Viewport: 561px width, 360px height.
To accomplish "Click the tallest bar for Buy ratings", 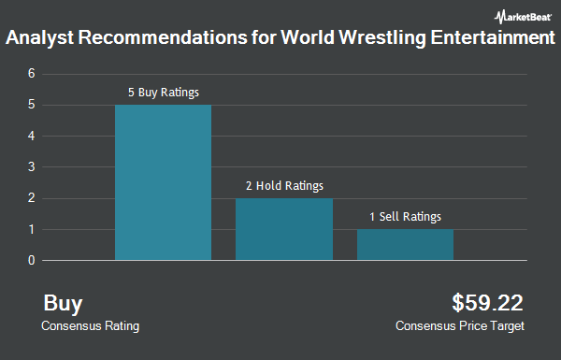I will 163,182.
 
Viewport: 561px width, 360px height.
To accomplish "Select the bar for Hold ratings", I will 284,229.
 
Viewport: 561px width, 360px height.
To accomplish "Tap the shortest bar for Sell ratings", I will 405,244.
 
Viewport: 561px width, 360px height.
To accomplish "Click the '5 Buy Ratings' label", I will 164,93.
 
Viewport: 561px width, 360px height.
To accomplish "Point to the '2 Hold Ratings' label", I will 284,186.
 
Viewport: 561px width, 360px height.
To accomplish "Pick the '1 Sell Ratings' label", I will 405,217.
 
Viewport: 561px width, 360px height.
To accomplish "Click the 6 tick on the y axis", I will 32,73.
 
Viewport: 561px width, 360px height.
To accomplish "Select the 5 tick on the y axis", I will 32,105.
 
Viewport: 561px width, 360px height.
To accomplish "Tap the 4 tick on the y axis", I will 32,136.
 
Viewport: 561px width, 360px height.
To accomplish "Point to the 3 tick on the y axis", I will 32,166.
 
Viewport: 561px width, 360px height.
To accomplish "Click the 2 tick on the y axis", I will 32,198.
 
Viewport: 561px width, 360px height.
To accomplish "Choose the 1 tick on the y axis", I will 32,229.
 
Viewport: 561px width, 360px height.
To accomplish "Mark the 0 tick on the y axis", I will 32,260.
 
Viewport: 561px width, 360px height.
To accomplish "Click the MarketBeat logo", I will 521,15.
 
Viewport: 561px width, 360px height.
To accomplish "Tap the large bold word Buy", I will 63,303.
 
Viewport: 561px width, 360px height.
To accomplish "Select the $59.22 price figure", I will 487,303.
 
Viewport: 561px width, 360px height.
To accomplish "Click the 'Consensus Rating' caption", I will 90,326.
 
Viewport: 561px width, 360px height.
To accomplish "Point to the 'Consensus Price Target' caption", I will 460,326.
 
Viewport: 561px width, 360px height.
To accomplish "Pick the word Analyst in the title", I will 40,40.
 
